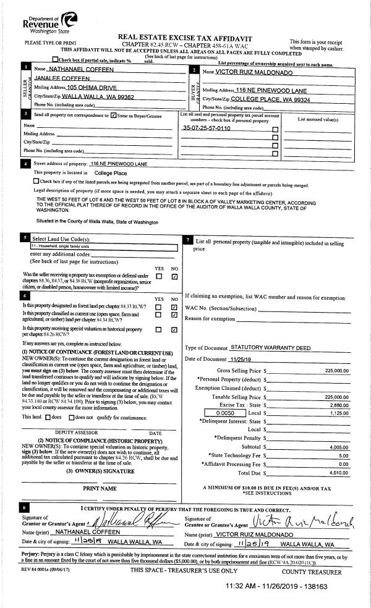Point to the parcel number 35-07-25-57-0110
click(x=207, y=128)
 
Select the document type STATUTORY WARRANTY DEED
click(x=270, y=348)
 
